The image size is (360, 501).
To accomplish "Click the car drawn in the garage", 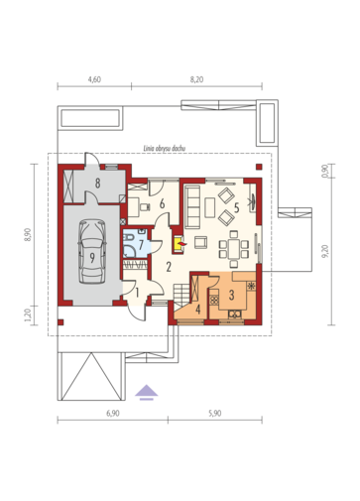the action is [x=92, y=251].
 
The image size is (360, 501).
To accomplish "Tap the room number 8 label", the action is [x=98, y=183].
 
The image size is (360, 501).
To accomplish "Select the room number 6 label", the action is [x=162, y=204].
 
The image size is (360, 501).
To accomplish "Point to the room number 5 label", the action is [x=236, y=207].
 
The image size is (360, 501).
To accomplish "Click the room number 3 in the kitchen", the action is [x=231, y=295].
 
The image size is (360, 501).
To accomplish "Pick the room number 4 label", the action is [x=198, y=310].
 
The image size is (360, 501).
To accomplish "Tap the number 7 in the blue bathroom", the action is [x=141, y=245].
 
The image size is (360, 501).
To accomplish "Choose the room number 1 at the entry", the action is [x=137, y=293].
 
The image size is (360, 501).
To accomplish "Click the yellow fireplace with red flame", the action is [x=179, y=245].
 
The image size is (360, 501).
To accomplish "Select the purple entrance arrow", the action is [x=147, y=392].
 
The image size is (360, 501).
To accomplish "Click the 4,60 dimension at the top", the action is [x=94, y=79].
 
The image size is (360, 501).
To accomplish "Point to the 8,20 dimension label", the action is [x=196, y=79].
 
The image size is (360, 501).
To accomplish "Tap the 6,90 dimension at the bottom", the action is [x=113, y=414].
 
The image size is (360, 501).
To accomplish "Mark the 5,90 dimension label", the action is [x=215, y=414].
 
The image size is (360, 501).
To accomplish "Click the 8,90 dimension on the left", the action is [x=28, y=235].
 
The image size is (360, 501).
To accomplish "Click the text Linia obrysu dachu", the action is [x=165, y=149].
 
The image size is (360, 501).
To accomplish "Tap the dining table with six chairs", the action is [x=234, y=249].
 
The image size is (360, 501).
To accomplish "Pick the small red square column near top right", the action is [x=259, y=167].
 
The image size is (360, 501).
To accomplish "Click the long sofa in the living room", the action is [x=192, y=207].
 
